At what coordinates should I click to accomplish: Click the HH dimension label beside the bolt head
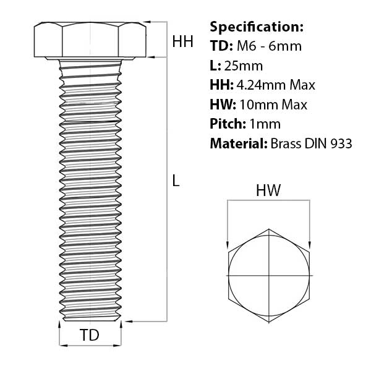[x=182, y=41]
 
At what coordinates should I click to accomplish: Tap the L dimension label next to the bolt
[x=176, y=181]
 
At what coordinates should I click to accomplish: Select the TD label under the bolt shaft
[x=90, y=335]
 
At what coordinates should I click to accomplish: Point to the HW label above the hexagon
[x=268, y=190]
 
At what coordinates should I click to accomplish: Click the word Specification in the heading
[x=255, y=27]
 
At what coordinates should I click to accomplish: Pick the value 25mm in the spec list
[x=244, y=66]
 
